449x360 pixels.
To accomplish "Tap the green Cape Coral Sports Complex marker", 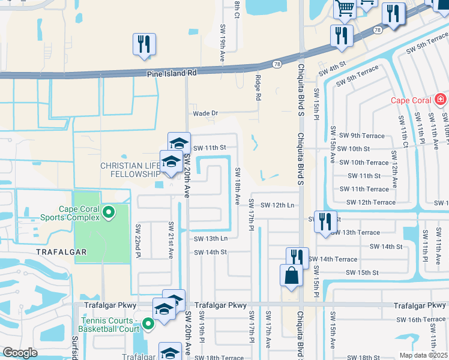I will click(x=109, y=212).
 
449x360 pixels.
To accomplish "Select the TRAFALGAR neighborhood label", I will click(x=62, y=253).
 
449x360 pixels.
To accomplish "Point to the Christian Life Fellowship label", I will click(x=130, y=170).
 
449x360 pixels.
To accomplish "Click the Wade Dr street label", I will click(x=205, y=113).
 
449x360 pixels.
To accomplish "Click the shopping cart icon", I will click(x=346, y=8).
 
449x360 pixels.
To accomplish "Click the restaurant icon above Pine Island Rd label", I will click(x=144, y=44).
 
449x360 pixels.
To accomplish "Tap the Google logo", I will click(x=20, y=353).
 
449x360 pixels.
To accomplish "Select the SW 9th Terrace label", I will click(x=361, y=136).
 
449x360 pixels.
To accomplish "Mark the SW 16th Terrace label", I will click(x=417, y=319).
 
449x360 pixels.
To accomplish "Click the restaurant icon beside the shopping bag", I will click(x=297, y=257).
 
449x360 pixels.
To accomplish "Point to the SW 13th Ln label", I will click(x=210, y=238).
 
